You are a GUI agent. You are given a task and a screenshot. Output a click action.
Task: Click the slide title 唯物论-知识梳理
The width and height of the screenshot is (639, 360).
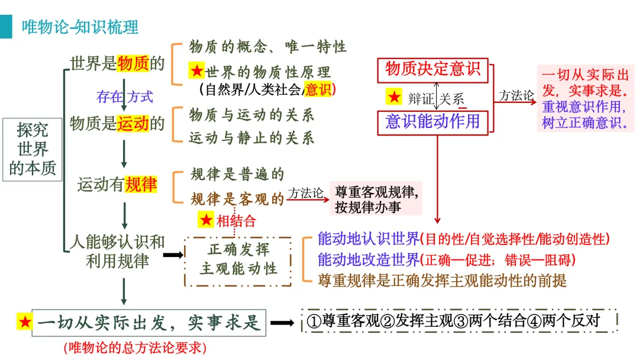tap(80, 27)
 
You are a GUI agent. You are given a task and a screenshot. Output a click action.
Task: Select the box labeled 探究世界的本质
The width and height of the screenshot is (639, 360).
tap(33, 149)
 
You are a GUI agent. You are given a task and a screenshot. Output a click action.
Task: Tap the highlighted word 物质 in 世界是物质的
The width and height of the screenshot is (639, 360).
tap(133, 64)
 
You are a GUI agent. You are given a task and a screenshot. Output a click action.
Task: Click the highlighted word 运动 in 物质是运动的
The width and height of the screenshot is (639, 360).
tap(133, 123)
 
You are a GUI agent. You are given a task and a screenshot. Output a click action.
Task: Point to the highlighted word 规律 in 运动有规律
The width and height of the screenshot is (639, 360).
tap(141, 185)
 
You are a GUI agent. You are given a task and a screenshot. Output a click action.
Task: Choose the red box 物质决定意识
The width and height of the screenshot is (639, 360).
tap(433, 70)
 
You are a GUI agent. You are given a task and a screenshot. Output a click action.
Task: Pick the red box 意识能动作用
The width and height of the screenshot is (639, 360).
tap(433, 122)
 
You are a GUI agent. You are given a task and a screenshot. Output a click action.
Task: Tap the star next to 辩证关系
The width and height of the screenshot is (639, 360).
tap(393, 97)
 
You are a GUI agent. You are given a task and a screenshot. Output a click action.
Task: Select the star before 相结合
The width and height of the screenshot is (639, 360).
tap(206, 221)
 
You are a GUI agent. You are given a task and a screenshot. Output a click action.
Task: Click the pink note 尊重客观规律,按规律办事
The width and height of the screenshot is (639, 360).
tap(376, 199)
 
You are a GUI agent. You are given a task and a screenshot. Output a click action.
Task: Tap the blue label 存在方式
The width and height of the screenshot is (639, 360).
tap(124, 95)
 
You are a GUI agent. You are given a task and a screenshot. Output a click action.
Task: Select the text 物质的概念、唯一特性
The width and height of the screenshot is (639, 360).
tap(267, 46)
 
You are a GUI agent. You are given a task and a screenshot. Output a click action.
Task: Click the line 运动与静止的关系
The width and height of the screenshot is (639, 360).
tap(251, 139)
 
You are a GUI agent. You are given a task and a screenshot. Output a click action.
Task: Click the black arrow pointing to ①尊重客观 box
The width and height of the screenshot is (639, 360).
tap(282, 323)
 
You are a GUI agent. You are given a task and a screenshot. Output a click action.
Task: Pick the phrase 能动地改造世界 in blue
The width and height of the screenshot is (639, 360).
tap(369, 259)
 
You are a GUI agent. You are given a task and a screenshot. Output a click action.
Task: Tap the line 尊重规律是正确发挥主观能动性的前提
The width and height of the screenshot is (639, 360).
tap(442, 280)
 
